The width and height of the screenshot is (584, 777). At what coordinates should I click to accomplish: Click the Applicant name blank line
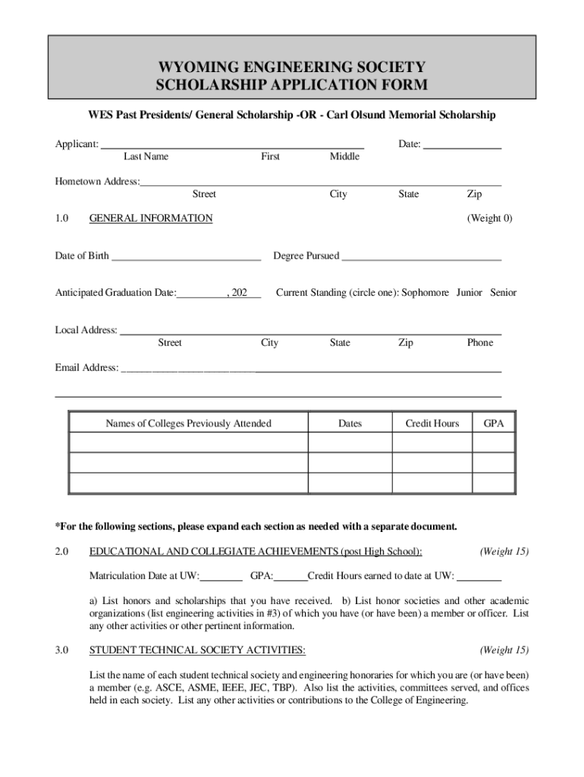click(x=232, y=144)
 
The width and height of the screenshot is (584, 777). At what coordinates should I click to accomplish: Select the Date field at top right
click(x=461, y=144)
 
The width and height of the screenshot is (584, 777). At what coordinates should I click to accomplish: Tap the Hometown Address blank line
click(x=320, y=182)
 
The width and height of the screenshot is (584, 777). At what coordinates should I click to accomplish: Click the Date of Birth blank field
click(x=186, y=256)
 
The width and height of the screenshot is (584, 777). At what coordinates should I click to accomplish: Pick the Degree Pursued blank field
click(x=421, y=256)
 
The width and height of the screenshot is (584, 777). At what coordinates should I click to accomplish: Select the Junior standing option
click(x=469, y=292)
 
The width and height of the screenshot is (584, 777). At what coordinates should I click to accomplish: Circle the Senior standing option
click(x=503, y=292)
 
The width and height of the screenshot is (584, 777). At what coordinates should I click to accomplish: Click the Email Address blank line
click(x=311, y=369)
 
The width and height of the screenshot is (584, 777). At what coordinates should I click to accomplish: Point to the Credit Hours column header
click(x=432, y=423)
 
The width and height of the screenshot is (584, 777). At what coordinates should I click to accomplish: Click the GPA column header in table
click(x=494, y=423)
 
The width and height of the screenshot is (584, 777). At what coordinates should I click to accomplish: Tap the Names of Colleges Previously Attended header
click(x=188, y=423)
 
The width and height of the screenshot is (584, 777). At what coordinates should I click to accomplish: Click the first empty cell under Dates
click(x=350, y=442)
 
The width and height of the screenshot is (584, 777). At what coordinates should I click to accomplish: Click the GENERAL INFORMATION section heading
click(x=151, y=219)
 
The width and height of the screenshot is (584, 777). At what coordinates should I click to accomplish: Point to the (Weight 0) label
click(x=489, y=219)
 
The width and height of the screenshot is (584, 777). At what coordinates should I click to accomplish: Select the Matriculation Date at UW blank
click(x=221, y=576)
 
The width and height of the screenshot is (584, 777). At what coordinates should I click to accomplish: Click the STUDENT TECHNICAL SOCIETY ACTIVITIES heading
click(x=197, y=650)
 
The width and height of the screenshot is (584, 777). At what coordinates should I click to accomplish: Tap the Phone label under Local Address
click(x=479, y=343)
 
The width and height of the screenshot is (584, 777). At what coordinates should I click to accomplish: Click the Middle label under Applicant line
click(x=344, y=156)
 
